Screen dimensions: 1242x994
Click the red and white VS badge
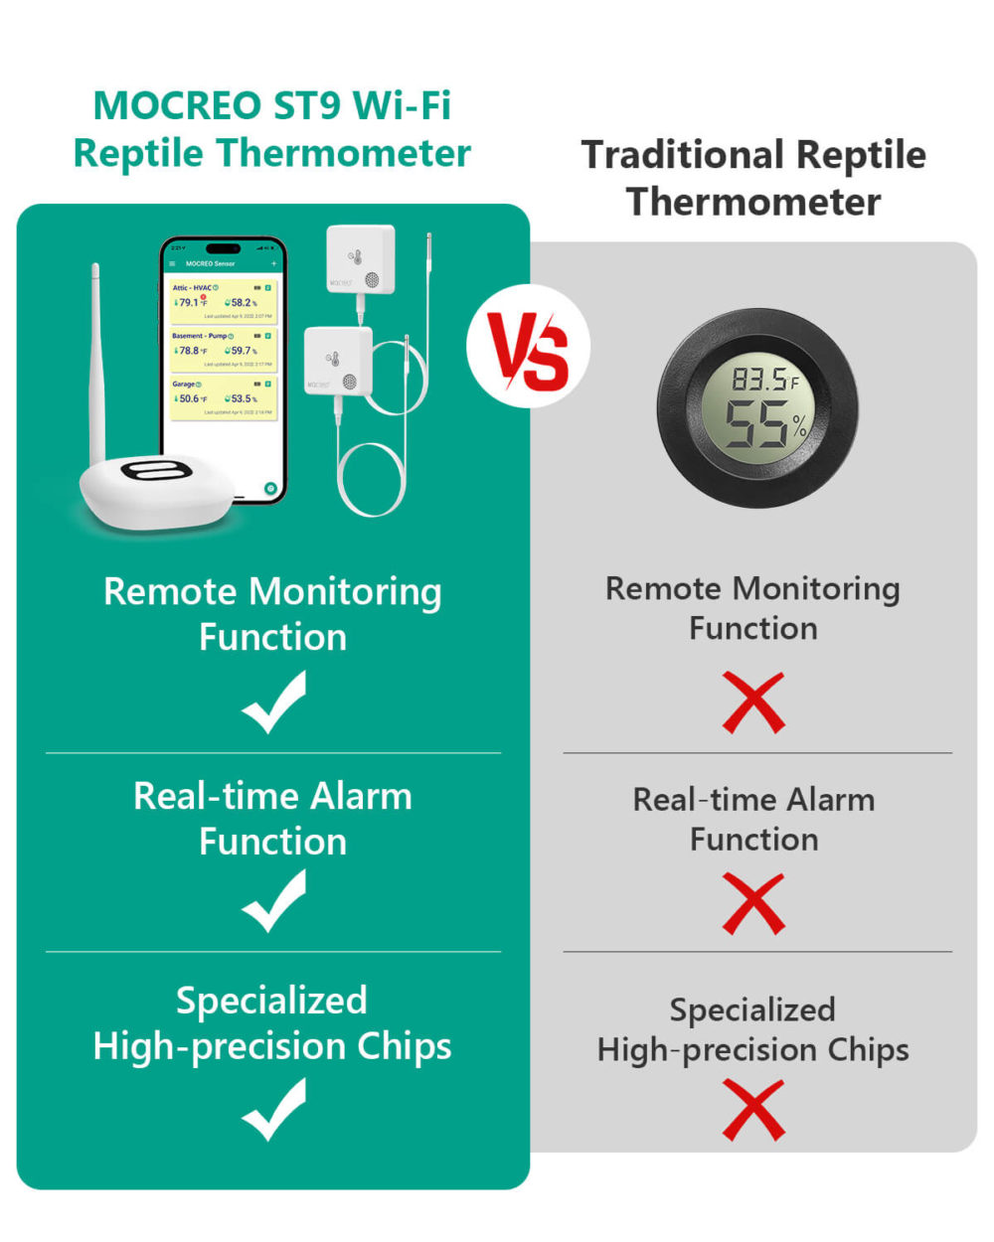pyautogui.click(x=528, y=347)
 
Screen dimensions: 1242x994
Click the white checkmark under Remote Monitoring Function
pyautogui.click(x=273, y=702)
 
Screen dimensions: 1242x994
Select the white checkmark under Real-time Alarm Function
pyautogui.click(x=273, y=901)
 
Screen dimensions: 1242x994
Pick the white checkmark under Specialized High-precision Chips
pyautogui.click(x=273, y=1110)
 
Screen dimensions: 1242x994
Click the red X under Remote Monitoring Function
pyautogui.click(x=753, y=703)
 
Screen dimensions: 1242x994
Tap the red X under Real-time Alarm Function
pyautogui.click(x=753, y=903)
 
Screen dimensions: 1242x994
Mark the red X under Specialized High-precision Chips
pyautogui.click(x=753, y=1110)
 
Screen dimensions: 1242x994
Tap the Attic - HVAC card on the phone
pyautogui.click(x=223, y=300)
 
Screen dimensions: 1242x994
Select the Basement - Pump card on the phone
pyautogui.click(x=223, y=349)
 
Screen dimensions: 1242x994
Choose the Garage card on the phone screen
pyautogui.click(x=223, y=396)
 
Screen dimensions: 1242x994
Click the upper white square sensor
pyautogui.click(x=361, y=259)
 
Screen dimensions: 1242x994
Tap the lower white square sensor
pyautogui.click(x=338, y=361)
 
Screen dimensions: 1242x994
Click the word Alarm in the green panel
pyautogui.click(x=361, y=797)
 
